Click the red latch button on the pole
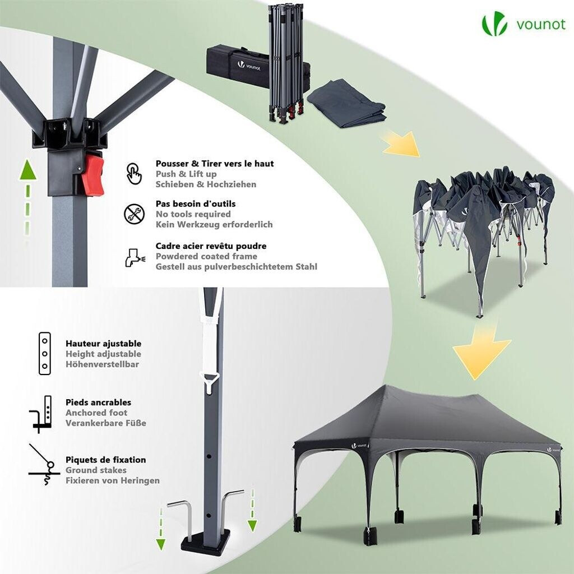click(x=93, y=175)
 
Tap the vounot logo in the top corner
click(x=524, y=24)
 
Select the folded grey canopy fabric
click(x=346, y=104)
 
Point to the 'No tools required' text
click(x=193, y=214)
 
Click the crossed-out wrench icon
click(x=135, y=214)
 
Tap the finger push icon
click(x=134, y=174)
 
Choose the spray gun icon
click(x=135, y=257)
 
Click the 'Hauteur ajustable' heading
click(x=104, y=344)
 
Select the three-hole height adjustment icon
click(x=45, y=353)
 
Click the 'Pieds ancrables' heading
click(x=99, y=402)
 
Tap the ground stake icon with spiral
click(x=44, y=465)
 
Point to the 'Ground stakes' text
click(x=96, y=470)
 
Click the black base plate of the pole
click(x=205, y=541)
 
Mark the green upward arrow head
click(x=28, y=170)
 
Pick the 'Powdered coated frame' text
click(x=206, y=256)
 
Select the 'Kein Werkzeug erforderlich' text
click(x=214, y=224)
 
